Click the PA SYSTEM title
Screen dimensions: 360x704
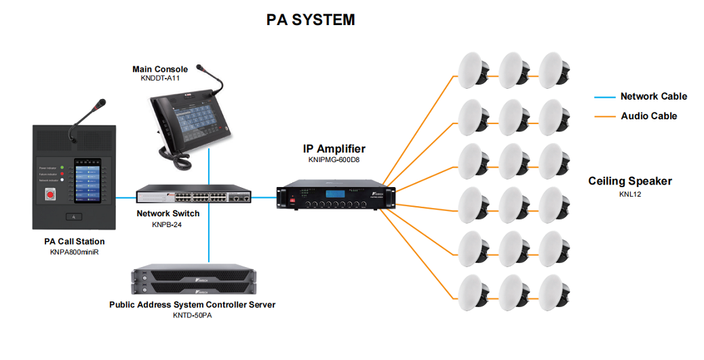pyautogui.click(x=310, y=20)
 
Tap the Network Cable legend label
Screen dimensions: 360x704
pyautogui.click(x=653, y=96)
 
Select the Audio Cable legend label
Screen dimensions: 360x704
pyautogui.click(x=649, y=116)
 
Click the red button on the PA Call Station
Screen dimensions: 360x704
pyautogui.click(x=49, y=196)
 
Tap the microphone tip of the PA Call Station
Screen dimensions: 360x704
pyautogui.click(x=101, y=104)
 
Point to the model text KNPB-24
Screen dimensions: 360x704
pyautogui.click(x=168, y=224)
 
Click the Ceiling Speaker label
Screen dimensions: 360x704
pyautogui.click(x=630, y=181)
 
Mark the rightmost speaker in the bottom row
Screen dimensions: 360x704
pyautogui.click(x=555, y=291)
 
